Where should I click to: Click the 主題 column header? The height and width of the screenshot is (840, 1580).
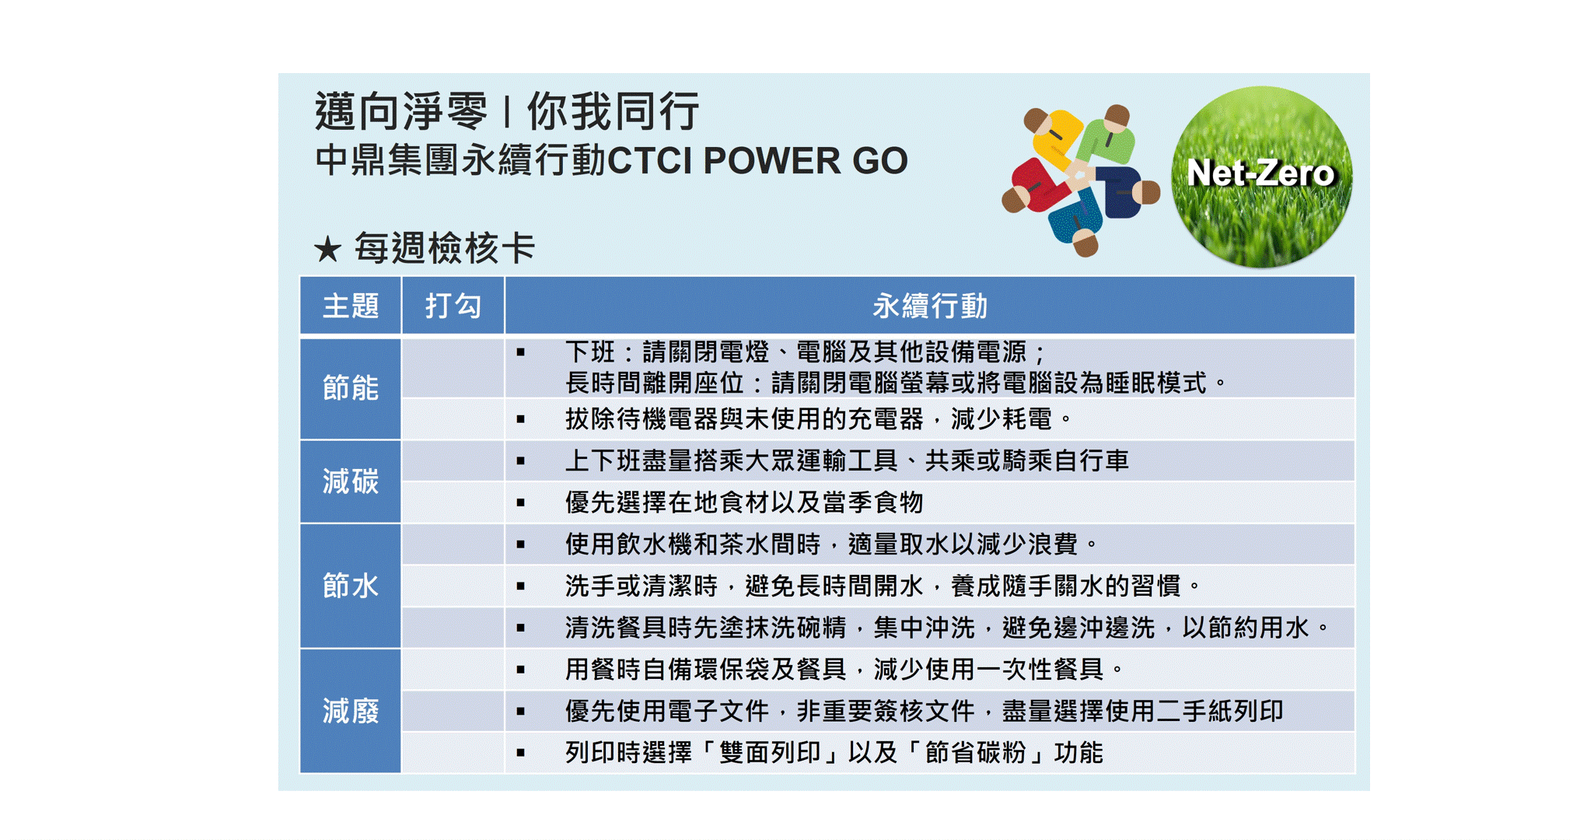coord(351,306)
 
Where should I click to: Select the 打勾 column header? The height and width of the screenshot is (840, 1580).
coord(453,306)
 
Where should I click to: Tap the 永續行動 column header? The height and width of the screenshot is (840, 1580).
coord(930,306)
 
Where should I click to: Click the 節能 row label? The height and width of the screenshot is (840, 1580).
coord(351,387)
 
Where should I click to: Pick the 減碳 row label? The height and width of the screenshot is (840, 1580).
coord(351,481)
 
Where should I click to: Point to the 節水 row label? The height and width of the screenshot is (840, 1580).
coord(351,586)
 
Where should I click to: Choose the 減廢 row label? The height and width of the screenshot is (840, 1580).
coord(351,711)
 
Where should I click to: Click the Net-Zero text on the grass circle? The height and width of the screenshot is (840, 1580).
coord(1261,173)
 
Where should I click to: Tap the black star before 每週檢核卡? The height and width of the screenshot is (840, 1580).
coord(328,250)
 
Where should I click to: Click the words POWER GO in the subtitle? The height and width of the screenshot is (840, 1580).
coord(805,161)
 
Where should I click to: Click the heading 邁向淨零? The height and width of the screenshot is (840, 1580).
coord(401,111)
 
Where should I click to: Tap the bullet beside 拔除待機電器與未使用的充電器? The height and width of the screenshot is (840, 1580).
coord(521,419)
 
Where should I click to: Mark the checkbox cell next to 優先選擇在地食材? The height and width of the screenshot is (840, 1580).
coord(453,502)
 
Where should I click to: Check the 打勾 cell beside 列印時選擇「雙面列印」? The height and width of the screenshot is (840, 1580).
coord(453,752)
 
